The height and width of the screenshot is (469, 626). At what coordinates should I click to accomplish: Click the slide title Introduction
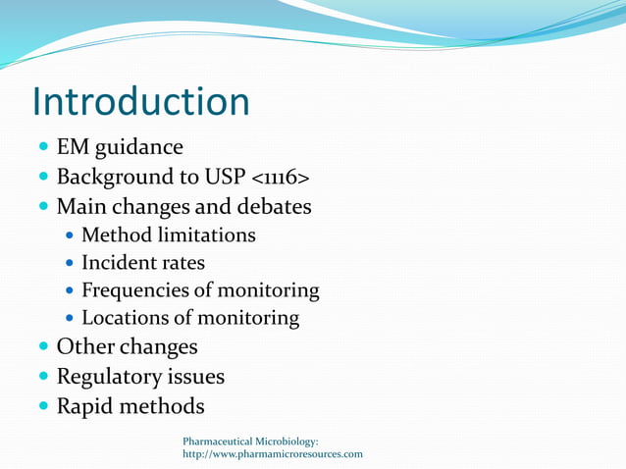140,102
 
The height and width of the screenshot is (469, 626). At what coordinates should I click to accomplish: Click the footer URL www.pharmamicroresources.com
273,454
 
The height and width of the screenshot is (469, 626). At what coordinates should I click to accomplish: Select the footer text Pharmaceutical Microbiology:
250,442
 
